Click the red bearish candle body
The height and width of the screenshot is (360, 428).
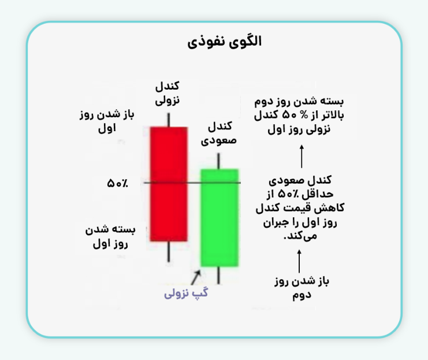169,183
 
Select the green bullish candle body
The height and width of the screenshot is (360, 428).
219,217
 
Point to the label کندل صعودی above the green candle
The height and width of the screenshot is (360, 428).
219,133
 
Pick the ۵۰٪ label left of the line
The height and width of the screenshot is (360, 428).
118,183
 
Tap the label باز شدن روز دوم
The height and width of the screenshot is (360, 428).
299,288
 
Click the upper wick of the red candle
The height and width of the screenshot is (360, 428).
169,119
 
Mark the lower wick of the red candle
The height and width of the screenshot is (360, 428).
169,251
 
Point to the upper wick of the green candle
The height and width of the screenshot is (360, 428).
219,161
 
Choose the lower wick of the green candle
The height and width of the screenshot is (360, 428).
219,276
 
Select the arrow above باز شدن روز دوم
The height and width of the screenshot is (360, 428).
299,261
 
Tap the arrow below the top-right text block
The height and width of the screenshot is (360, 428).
301,156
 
